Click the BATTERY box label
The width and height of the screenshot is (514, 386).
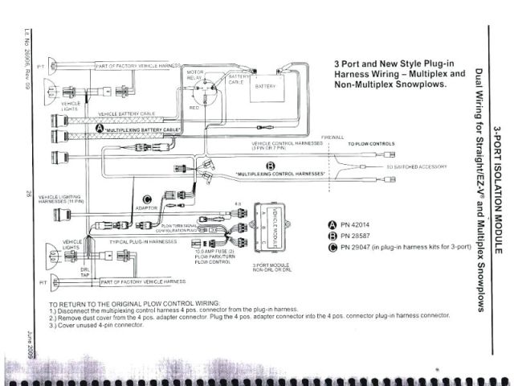265,86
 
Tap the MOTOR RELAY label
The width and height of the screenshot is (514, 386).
197,76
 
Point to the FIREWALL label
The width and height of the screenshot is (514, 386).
332,138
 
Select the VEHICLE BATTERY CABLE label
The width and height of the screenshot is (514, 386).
129,115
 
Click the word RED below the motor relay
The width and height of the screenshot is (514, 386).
194,106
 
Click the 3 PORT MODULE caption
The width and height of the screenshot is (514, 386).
271,266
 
